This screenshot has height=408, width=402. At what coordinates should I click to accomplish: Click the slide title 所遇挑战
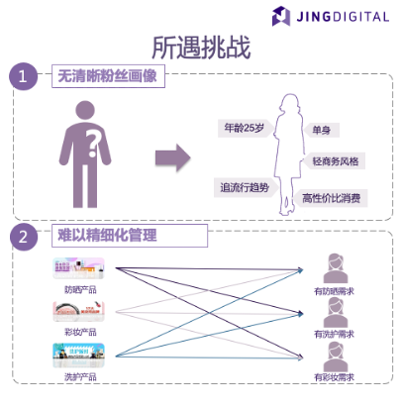pos(201,47)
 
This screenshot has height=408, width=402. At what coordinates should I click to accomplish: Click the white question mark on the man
pos(93,146)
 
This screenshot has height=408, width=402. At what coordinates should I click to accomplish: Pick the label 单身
pos(321,130)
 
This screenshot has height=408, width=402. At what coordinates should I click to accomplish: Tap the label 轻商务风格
pos(335,161)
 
